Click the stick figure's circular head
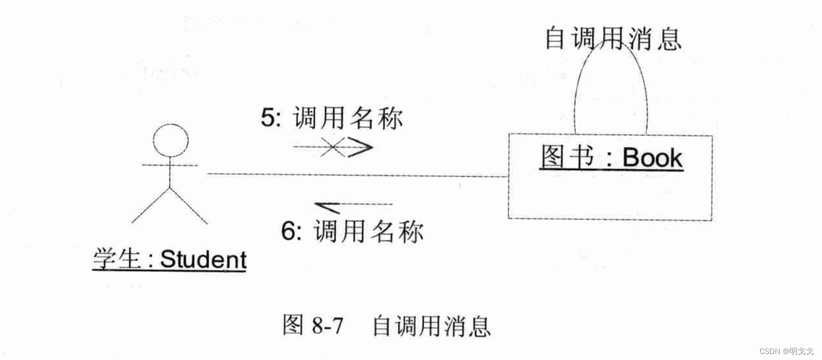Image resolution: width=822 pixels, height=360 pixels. tap(171, 141)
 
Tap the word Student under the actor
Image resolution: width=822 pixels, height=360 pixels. tap(204, 260)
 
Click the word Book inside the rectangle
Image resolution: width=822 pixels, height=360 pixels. tap(652, 158)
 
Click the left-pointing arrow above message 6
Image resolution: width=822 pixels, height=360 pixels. tap(353, 205)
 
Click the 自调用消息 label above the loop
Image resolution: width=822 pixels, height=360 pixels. tap(612, 39)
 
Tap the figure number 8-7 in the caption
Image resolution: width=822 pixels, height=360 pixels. tap(328, 326)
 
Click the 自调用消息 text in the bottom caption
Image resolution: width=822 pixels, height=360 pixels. tap(431, 326)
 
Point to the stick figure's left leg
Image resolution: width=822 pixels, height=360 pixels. tap(150, 206)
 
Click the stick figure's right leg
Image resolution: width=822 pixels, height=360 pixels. tap(189, 206)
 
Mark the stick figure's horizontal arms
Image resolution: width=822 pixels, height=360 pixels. tap(170, 164)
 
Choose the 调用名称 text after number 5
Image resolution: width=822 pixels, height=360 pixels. tap(348, 118)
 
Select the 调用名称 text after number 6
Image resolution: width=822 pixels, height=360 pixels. tap(368, 232)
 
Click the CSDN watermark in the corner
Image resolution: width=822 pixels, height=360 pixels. tap(786, 351)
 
